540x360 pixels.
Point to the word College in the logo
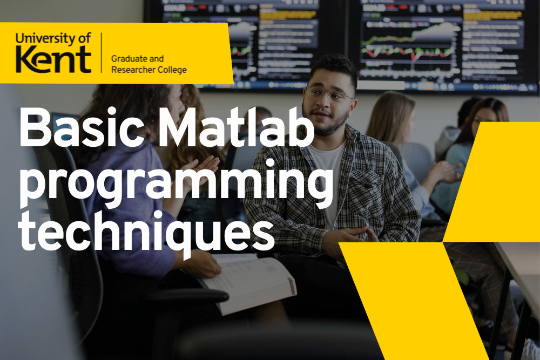[170, 70]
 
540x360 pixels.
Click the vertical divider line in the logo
[102, 52]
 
